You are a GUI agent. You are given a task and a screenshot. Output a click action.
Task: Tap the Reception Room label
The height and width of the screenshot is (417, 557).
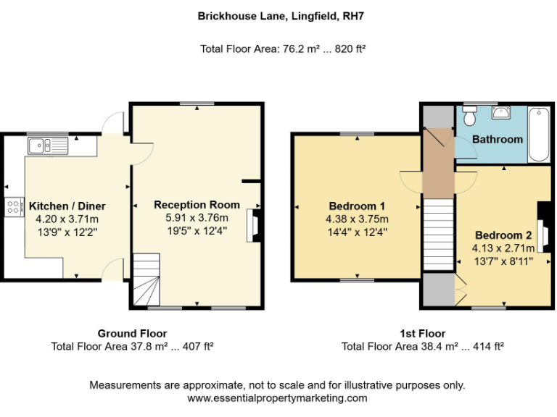click(x=197, y=205)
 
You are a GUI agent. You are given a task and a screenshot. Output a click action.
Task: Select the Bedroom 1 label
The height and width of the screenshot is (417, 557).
click(x=357, y=206)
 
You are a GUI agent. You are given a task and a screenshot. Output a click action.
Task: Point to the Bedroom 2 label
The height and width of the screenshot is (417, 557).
click(x=503, y=235)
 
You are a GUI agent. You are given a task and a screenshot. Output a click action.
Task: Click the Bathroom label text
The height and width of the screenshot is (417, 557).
click(x=498, y=139)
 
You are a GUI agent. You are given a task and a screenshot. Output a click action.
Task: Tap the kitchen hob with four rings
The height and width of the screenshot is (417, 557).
click(x=14, y=207)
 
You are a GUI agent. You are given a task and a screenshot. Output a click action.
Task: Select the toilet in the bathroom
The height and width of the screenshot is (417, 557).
click(x=469, y=116)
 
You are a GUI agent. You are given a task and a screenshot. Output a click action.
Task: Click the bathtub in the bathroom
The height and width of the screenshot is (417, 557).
click(x=538, y=135)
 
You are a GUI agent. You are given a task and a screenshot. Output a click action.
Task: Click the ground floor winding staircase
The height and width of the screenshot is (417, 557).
click(x=146, y=279)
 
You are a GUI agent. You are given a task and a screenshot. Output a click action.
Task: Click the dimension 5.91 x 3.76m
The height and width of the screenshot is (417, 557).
click(x=197, y=218)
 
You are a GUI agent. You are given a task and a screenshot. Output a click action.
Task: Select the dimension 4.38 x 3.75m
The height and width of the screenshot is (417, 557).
click(x=357, y=219)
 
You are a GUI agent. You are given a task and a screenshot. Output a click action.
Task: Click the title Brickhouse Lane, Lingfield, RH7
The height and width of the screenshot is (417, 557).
click(x=278, y=14)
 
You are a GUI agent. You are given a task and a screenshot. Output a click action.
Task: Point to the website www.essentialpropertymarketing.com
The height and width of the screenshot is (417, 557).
click(x=278, y=398)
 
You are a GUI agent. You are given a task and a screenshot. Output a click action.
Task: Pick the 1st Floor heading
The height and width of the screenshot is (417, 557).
click(x=422, y=334)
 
